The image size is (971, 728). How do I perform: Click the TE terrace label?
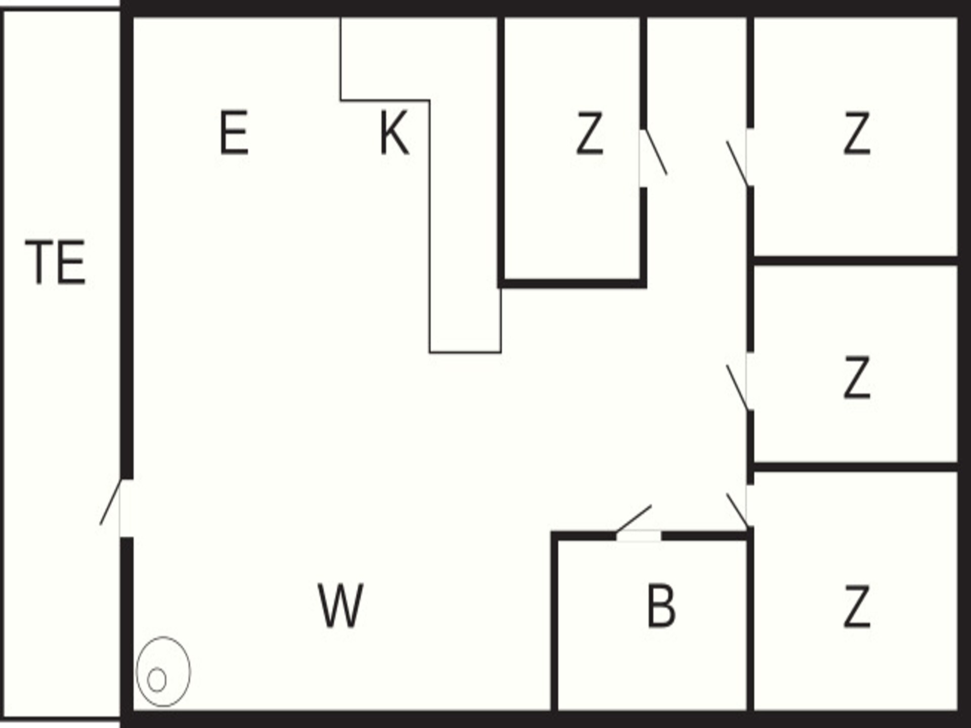[x=56, y=262]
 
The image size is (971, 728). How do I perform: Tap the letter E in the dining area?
[x=234, y=132]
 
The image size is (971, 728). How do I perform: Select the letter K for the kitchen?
[x=393, y=132]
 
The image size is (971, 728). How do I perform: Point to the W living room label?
[x=340, y=605]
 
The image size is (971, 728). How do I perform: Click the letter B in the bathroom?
[x=661, y=605]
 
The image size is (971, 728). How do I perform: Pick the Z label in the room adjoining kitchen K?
[x=590, y=133]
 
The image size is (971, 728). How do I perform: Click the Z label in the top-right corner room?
[x=857, y=133]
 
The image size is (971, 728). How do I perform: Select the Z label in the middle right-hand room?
[x=857, y=377]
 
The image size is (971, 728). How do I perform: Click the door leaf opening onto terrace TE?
[x=111, y=502]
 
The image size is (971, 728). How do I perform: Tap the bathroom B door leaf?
[x=634, y=519]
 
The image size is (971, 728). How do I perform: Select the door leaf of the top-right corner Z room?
[x=737, y=164]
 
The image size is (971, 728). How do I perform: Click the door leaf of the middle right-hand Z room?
[x=737, y=387]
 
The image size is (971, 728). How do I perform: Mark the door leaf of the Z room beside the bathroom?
[x=737, y=510]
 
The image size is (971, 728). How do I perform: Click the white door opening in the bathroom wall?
[x=639, y=536]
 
